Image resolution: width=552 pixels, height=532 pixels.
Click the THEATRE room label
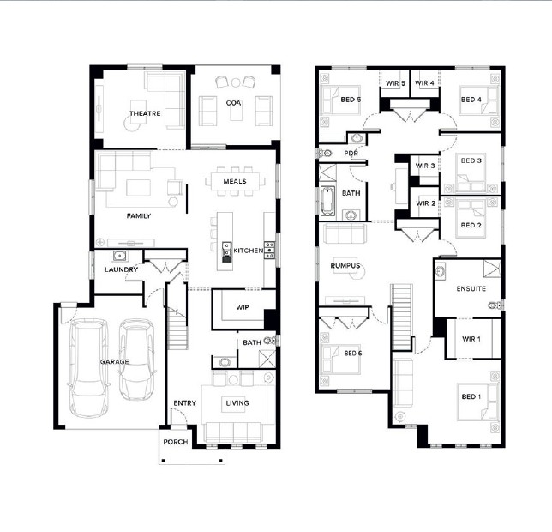point(145,113)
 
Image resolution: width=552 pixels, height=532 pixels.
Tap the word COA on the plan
point(233,103)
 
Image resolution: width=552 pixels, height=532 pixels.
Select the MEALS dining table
point(235,181)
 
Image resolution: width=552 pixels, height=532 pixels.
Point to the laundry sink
point(120,256)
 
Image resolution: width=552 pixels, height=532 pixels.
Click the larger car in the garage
point(89,368)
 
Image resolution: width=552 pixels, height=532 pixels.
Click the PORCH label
point(176,442)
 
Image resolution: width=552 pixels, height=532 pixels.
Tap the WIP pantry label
point(243,307)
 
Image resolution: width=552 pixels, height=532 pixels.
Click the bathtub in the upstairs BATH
point(327,201)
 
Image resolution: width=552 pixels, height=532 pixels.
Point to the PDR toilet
point(326,154)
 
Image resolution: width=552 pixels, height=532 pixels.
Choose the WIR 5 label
point(395,83)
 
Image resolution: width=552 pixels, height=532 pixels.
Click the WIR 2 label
point(426,203)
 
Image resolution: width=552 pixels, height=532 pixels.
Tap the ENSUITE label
point(471,288)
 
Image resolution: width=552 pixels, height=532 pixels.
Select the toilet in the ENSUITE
point(495,305)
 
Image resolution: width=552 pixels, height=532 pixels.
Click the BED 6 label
point(353,353)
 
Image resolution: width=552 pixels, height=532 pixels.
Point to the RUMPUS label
point(345,266)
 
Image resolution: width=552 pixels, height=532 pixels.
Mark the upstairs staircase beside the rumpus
point(402,317)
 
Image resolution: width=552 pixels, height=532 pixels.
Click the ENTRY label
point(185,403)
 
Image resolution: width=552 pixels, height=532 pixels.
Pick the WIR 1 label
point(471,339)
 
